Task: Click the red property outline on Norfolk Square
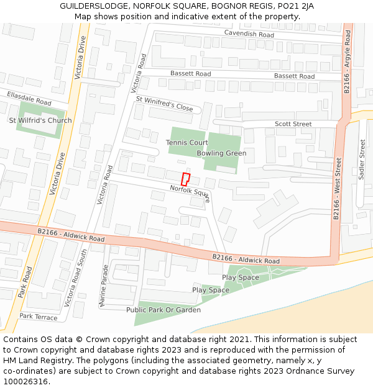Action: coord(185,178)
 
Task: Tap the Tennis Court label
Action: coord(186,143)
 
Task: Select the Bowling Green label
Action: coord(221,153)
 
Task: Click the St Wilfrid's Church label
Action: coord(40,120)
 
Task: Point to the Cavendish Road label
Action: coord(249,35)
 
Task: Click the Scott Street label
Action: coord(293,124)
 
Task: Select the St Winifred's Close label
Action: coord(164,103)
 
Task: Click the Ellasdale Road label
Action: coord(29,98)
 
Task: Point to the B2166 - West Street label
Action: coord(338,189)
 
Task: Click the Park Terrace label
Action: coord(38,317)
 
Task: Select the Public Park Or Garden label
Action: coord(163,310)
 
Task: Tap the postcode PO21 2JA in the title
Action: coord(295,6)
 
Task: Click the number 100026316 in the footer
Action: coord(26,381)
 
